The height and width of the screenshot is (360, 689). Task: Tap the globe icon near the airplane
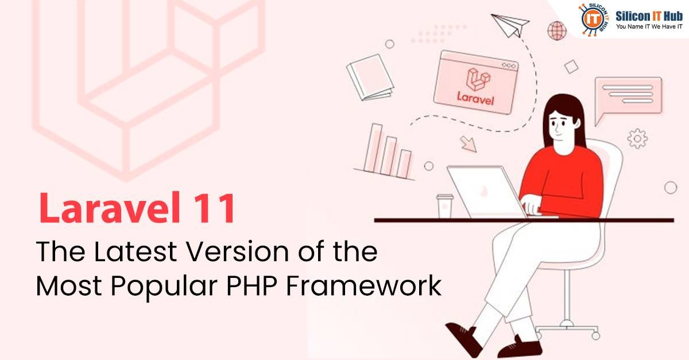click(556, 30)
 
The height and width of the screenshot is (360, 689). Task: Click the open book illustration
click(370, 78)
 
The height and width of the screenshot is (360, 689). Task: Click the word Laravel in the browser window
click(475, 98)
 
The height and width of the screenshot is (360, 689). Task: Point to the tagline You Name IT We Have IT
click(649, 27)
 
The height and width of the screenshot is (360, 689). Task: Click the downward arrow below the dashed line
click(469, 143)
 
